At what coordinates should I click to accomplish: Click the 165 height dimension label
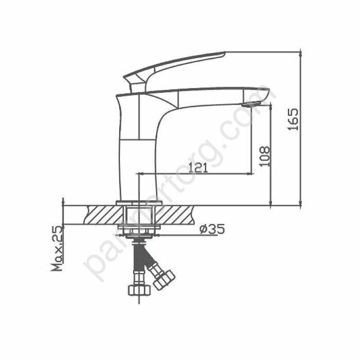point(294,119)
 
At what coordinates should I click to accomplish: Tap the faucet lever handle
point(175,64)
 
